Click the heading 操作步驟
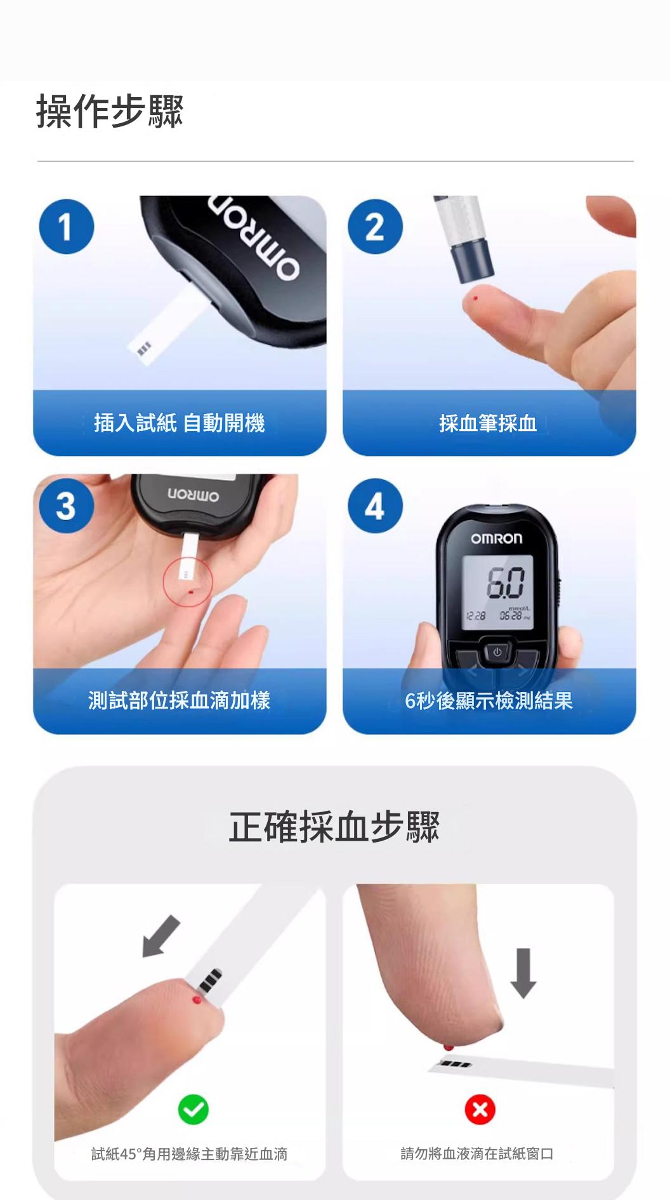pos(110,112)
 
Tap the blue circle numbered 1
pos(67,227)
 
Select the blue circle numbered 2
pos(375,227)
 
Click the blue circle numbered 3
pos(67,506)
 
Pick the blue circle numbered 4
pos(375,506)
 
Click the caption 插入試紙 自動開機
pos(180,423)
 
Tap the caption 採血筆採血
pos(488,423)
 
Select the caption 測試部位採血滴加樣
pos(180,700)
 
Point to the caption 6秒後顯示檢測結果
pos(489,700)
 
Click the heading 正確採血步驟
pos(334,827)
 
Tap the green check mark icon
pos(194,1109)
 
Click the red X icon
pos(480,1109)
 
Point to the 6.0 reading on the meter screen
pos(505,583)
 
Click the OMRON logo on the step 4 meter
pos(497,539)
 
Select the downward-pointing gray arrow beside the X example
pos(523,973)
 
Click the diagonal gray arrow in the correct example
pos(161,937)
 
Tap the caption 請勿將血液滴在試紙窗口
pos(477,1154)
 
